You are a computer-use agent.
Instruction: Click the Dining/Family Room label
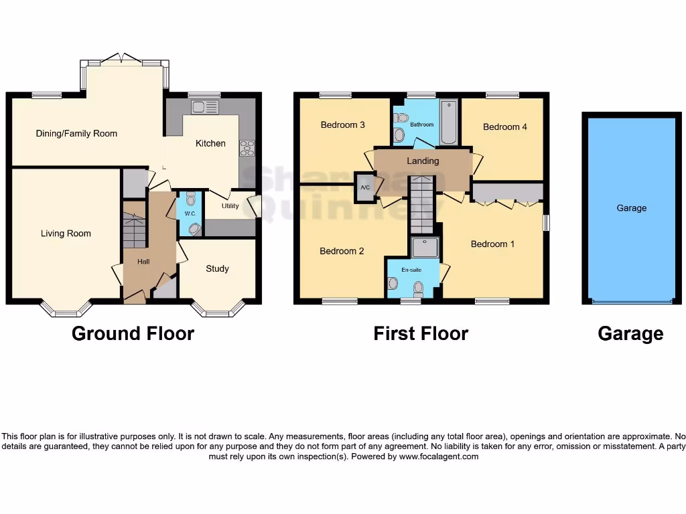[76, 134]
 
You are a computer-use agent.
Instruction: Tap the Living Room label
[66, 234]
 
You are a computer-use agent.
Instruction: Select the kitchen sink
[204, 107]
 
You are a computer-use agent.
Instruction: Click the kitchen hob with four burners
[247, 148]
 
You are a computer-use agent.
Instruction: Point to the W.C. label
[190, 213]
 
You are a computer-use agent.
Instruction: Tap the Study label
[217, 268]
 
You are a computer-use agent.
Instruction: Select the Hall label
[143, 262]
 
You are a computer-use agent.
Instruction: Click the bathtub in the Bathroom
[449, 122]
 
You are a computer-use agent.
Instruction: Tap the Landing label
[423, 161]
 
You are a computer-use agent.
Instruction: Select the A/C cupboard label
[365, 187]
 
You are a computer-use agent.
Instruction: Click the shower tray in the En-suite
[425, 248]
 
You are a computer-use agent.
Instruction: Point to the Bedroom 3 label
[342, 125]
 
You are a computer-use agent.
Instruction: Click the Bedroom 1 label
[492, 244]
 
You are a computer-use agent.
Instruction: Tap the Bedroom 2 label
[342, 251]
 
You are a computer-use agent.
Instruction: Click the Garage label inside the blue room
[631, 208]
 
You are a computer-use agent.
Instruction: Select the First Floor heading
[421, 333]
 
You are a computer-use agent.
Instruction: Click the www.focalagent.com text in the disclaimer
[439, 456]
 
